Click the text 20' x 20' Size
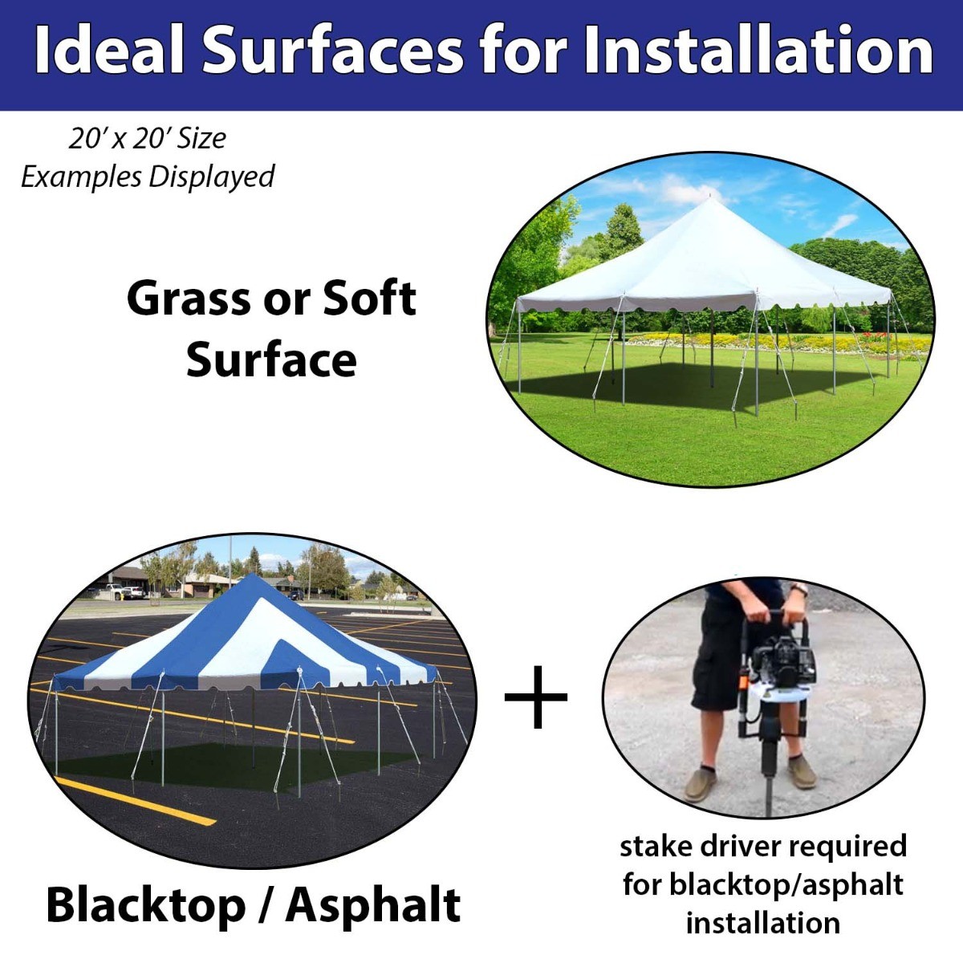(x=147, y=138)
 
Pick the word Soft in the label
(x=370, y=299)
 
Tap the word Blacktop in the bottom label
(x=145, y=905)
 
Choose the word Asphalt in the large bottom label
(x=373, y=905)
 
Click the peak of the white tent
(x=710, y=197)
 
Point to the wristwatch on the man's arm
(x=798, y=590)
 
